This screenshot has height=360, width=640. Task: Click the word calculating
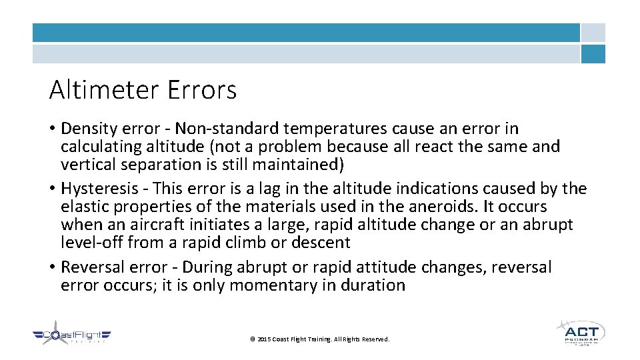pyautogui.click(x=97, y=146)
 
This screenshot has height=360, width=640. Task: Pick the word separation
pyautogui.click(x=155, y=164)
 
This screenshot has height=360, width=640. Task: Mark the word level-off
pyautogui.click(x=91, y=243)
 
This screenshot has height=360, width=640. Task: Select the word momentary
pyautogui.click(x=249, y=285)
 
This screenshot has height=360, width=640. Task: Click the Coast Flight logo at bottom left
pyautogui.click(x=72, y=336)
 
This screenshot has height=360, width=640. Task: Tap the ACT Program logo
pyautogui.click(x=581, y=332)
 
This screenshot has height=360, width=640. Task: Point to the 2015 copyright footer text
pyautogui.click(x=319, y=339)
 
